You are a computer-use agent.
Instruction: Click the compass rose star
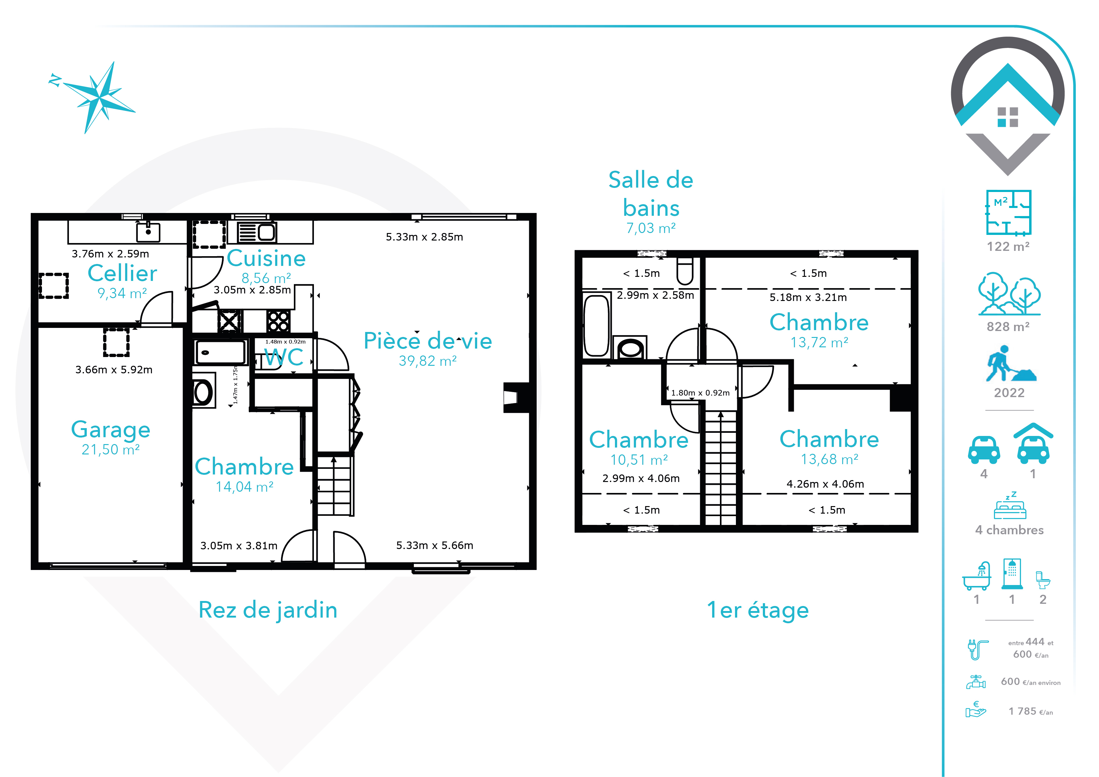(x=99, y=98)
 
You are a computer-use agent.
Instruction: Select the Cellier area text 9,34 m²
(x=122, y=293)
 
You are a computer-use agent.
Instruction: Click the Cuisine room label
(x=266, y=258)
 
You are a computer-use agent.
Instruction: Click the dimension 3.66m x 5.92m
(x=114, y=369)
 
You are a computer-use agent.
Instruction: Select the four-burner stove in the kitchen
(x=278, y=321)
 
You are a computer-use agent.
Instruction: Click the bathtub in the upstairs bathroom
(x=596, y=325)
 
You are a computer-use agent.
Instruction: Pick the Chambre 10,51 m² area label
(x=639, y=460)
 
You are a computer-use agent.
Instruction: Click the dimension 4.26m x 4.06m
(x=825, y=484)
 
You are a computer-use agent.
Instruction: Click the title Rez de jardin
(x=268, y=610)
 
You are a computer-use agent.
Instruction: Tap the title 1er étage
(x=758, y=610)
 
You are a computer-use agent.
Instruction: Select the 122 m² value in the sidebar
(x=1008, y=246)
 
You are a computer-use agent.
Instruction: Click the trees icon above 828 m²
(x=1009, y=294)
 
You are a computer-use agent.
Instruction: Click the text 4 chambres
(x=1009, y=530)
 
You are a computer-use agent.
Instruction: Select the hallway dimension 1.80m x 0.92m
(x=700, y=393)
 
